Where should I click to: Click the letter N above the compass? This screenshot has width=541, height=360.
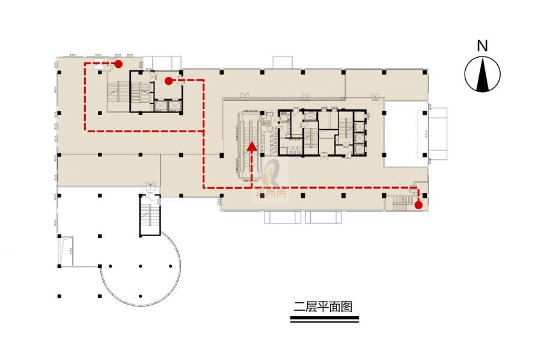[481, 45]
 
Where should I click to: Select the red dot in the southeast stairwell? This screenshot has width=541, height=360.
[418, 206]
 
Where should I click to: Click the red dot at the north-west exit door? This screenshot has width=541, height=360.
[119, 63]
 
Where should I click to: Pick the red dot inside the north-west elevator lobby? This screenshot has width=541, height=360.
[168, 80]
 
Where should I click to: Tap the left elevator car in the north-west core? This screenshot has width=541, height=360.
[160, 105]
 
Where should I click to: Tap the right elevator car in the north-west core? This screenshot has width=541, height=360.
[174, 105]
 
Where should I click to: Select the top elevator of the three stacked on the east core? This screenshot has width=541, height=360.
[359, 126]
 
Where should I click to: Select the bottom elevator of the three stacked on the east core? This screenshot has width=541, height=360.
[359, 148]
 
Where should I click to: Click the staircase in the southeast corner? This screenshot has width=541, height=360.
[400, 204]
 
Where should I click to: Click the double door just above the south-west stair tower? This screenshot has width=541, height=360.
[150, 187]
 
